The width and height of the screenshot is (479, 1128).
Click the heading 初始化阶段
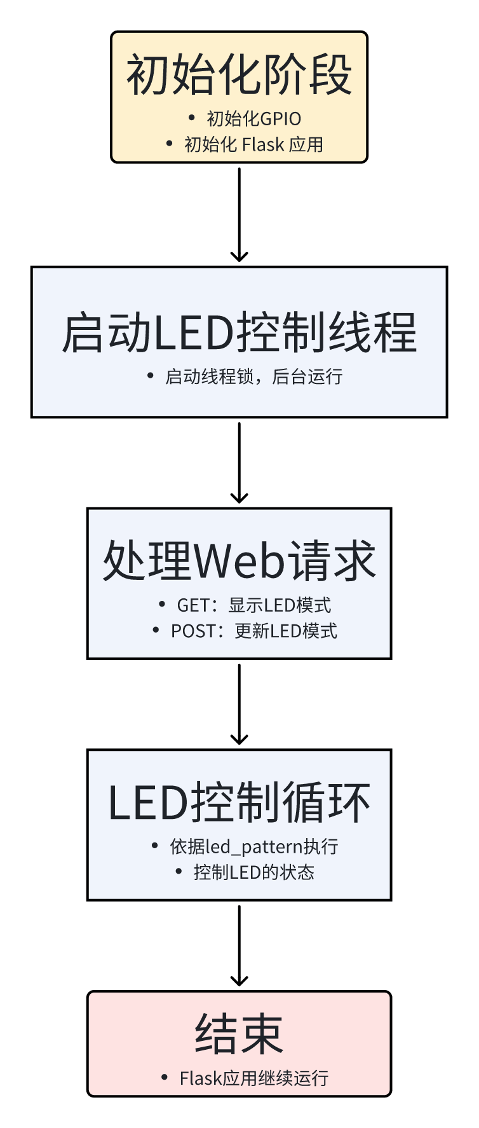tap(239, 75)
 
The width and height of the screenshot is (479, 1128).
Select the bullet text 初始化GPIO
tap(253, 119)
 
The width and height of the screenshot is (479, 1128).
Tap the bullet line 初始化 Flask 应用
tap(253, 144)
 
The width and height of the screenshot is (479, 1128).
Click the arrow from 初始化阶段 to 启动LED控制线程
tap(239, 214)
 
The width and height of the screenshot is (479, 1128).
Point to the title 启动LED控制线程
tap(239, 332)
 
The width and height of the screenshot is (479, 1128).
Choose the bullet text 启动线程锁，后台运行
tap(253, 376)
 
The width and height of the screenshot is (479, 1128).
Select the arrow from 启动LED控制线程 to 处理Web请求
tap(239, 462)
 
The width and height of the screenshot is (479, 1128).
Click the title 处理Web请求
tap(239, 561)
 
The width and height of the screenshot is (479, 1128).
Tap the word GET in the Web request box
tap(192, 605)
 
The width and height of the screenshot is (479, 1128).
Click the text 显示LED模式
tap(280, 605)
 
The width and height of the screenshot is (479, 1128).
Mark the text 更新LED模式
tap(286, 631)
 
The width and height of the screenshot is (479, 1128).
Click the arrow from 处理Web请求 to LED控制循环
tap(239, 703)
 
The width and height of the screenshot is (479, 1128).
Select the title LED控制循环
tap(239, 802)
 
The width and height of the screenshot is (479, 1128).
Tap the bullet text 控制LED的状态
tap(253, 872)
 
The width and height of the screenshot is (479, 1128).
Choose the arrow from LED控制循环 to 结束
tap(239, 945)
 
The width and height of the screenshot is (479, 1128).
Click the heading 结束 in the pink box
tap(239, 1035)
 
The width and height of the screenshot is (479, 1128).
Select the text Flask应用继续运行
tap(253, 1078)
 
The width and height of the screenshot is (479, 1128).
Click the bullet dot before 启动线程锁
tap(150, 376)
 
